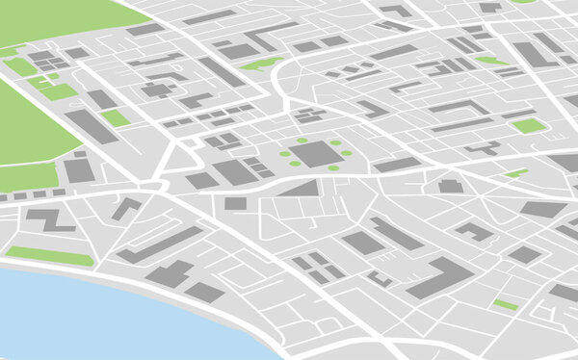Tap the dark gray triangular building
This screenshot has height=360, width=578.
[x=302, y=188]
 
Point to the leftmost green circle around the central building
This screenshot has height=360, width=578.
[x=284, y=154]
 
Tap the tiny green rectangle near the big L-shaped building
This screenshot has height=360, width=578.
[x=505, y=304]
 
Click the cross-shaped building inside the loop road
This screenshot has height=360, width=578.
[x=156, y=90]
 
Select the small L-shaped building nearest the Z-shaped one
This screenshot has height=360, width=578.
[x=125, y=208]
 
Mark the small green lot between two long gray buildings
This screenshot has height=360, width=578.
[x=116, y=117]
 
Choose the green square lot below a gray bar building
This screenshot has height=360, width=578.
[x=528, y=125]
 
